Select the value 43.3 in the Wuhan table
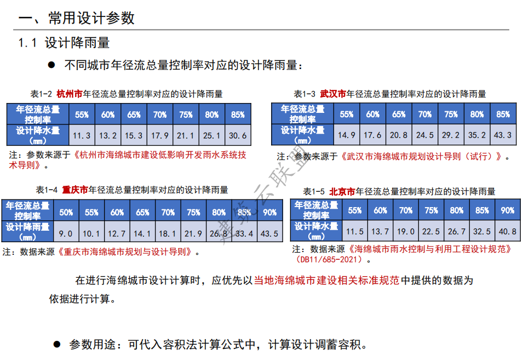click(502, 135)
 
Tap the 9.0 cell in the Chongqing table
click(66, 233)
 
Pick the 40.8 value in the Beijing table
click(507, 232)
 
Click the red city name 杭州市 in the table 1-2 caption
click(70, 94)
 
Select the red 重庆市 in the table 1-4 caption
click(75, 190)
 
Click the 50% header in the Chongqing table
click(66, 213)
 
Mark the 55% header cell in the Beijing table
click(355, 210)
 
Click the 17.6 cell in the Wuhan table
click(372, 135)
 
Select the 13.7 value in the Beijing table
click(380, 232)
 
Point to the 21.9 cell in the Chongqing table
click(193, 233)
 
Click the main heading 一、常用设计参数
click(77, 18)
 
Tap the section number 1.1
click(27, 43)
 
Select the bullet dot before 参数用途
click(56, 344)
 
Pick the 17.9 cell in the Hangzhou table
click(160, 135)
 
